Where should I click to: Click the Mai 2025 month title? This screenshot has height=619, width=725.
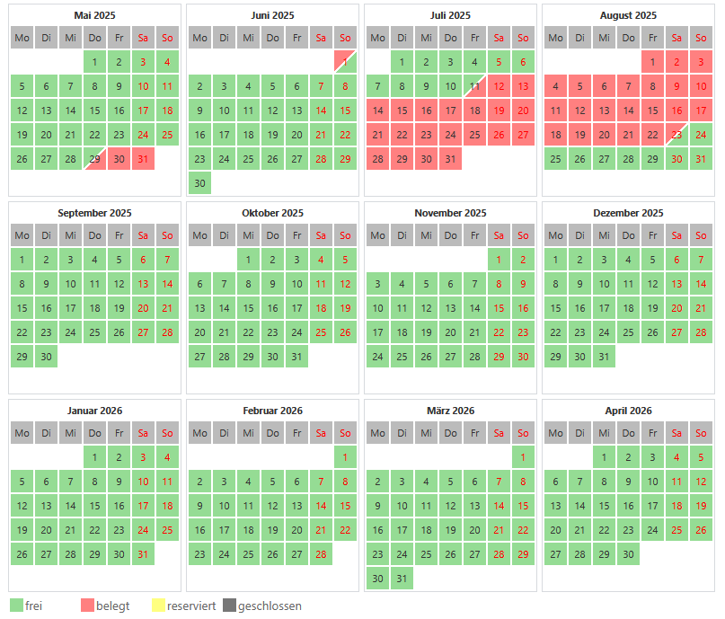click(94, 15)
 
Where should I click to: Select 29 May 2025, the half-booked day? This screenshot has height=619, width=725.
click(94, 159)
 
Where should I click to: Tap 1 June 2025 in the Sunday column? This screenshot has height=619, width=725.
click(345, 62)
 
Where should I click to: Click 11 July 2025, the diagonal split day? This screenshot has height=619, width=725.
click(474, 86)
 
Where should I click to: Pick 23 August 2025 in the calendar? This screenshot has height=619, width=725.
click(676, 135)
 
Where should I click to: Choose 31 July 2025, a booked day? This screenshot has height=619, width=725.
click(450, 159)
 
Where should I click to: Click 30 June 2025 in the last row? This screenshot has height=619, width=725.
click(199, 183)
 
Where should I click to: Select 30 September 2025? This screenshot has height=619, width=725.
click(46, 357)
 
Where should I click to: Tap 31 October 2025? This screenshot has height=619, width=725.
click(296, 357)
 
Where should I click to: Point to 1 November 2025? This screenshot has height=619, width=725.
click(499, 260)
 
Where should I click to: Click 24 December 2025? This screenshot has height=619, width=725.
click(604, 332)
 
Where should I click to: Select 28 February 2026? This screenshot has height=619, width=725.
click(321, 554)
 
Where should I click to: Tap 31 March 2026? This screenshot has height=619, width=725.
click(402, 579)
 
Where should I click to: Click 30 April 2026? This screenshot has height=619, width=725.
click(628, 554)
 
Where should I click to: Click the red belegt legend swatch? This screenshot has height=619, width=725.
click(87, 606)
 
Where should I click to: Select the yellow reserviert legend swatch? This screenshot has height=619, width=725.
click(159, 606)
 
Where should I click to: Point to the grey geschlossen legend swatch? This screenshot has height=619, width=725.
click(229, 606)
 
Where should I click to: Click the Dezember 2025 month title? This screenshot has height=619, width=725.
click(628, 213)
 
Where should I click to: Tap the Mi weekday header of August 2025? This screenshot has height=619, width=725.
click(604, 38)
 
